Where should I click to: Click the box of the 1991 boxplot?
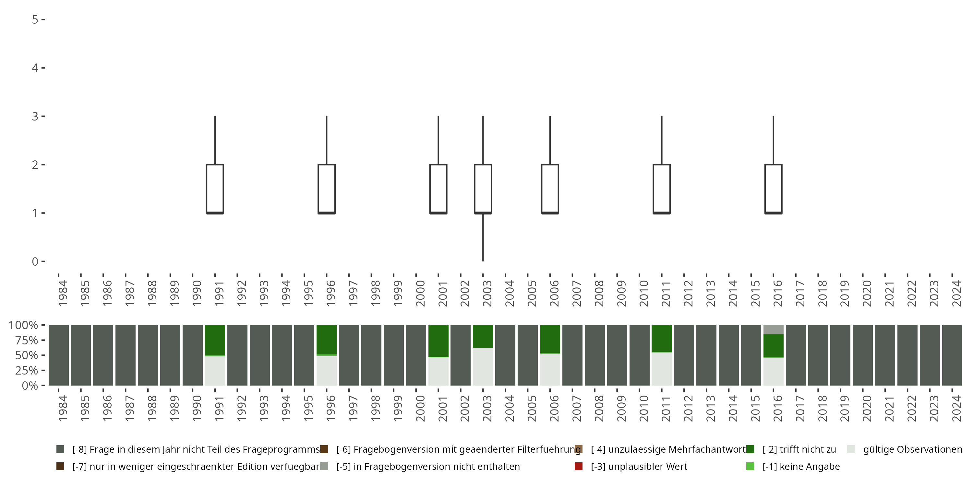(215, 189)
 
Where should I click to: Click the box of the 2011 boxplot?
(662, 189)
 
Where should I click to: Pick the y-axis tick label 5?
(35, 20)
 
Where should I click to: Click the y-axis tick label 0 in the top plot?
(35, 261)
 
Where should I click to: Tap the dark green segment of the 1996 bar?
(326, 340)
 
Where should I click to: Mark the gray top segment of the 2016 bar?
(773, 330)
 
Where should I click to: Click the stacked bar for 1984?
(59, 355)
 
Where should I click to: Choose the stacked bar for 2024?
(952, 355)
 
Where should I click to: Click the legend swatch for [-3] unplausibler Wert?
(578, 466)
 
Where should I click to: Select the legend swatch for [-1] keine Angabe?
(750, 466)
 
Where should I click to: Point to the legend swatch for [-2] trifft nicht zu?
(750, 449)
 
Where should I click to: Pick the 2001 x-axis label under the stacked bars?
(442, 408)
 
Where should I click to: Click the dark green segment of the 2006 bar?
(550, 339)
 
